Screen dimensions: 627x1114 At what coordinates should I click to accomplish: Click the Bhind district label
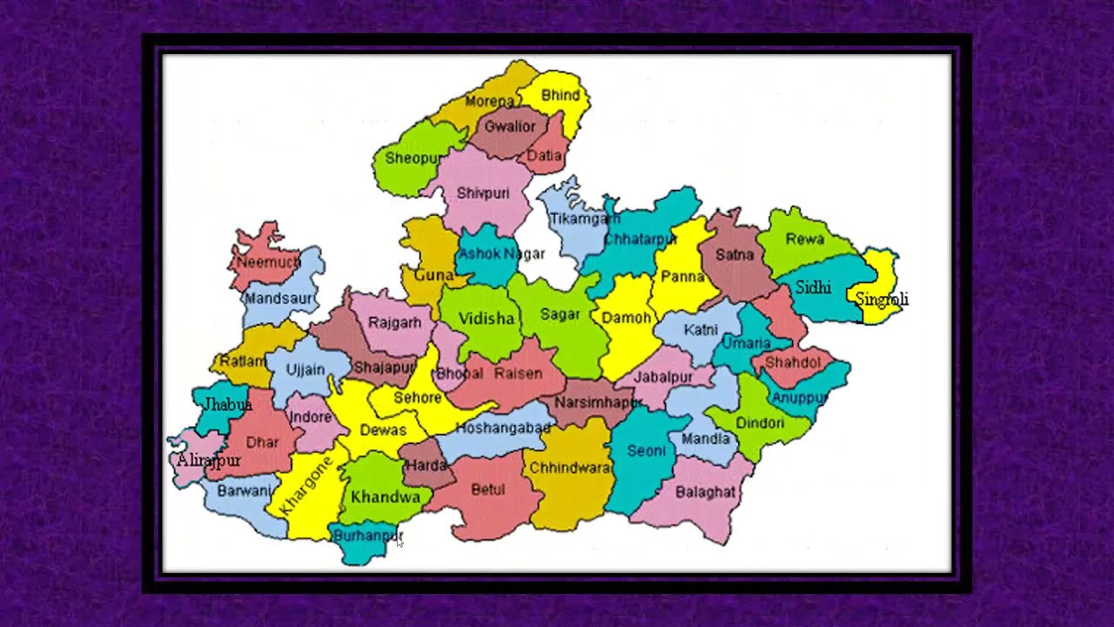560,95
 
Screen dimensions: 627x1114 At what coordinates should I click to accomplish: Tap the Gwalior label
510,126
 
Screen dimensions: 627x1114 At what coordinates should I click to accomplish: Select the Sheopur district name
413,158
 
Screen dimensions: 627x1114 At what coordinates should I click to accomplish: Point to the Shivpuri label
483,193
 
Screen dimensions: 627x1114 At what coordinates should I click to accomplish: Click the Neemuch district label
267,261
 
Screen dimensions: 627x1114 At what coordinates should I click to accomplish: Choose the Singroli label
882,300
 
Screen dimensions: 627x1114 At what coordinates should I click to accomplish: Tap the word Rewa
804,239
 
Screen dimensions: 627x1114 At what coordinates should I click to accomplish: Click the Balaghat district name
705,493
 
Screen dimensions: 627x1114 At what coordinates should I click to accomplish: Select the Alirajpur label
208,461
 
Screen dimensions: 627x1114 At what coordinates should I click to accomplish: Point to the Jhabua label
227,405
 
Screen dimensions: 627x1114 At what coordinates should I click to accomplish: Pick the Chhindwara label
571,468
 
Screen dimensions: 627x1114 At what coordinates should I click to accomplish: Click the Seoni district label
646,451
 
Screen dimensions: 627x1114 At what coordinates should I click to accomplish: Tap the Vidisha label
487,319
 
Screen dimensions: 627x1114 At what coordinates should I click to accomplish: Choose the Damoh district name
627,318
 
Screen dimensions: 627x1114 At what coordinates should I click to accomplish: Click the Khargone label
306,487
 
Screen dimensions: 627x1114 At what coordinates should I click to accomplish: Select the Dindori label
760,423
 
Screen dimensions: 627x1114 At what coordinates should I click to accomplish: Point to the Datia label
545,157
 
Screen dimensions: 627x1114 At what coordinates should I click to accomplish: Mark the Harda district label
426,466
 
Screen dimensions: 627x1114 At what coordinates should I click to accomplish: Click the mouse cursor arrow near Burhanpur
399,542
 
